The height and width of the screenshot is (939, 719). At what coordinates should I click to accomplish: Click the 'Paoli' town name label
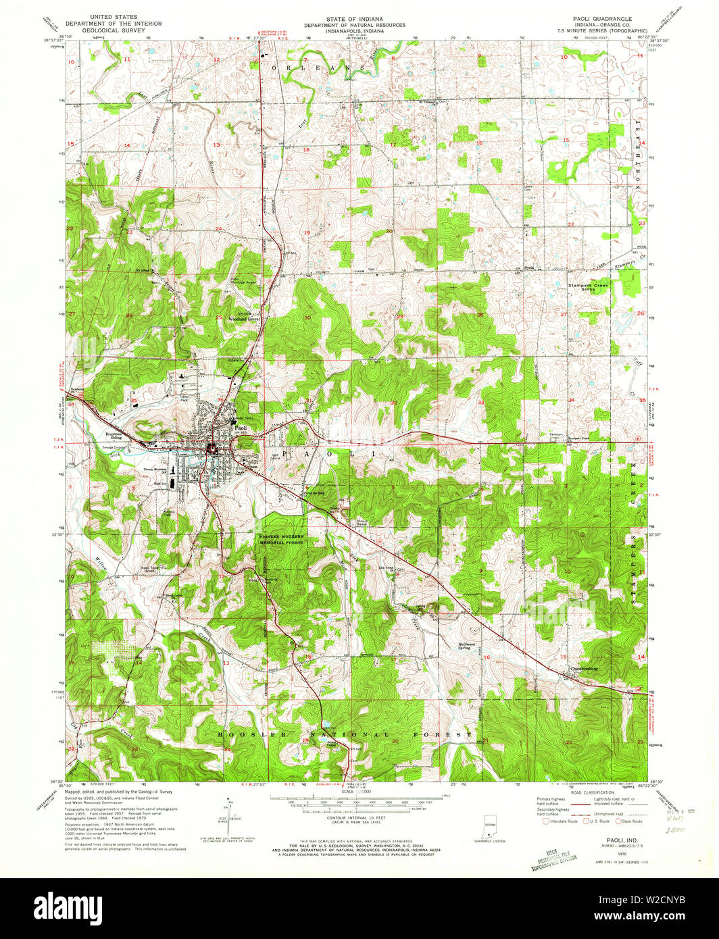coord(240,428)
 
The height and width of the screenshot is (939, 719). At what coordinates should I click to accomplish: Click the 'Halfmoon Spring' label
coord(469,646)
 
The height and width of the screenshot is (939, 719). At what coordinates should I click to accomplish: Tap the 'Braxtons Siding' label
coord(116,436)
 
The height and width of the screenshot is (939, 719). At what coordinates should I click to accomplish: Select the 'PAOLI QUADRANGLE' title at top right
coord(598,19)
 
